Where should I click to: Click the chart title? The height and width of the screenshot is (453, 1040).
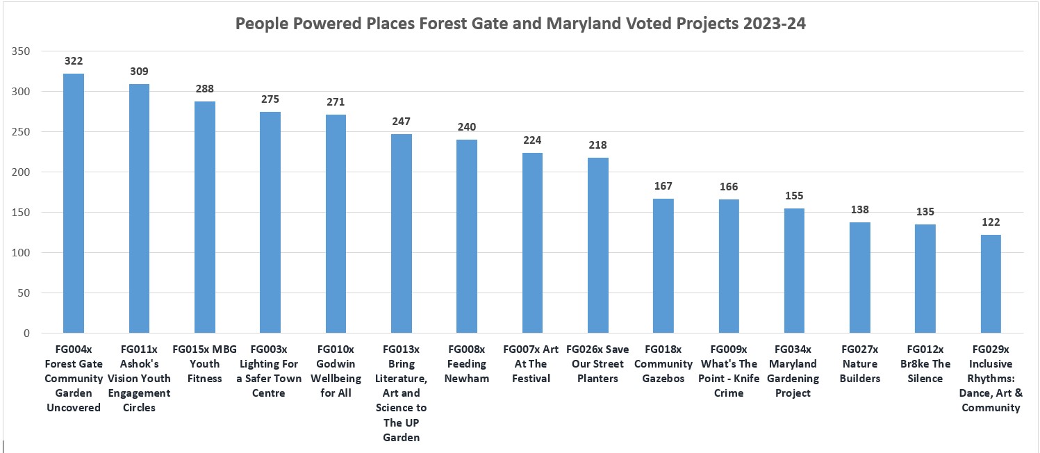click(x=520, y=23)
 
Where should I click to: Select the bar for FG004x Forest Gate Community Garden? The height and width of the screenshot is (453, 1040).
click(x=74, y=204)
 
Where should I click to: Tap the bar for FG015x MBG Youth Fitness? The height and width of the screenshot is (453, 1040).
click(x=205, y=217)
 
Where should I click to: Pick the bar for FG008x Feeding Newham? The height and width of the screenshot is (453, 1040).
click(x=467, y=236)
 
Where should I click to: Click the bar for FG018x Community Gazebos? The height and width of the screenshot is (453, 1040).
click(x=663, y=266)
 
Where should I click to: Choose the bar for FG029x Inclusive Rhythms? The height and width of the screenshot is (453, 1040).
click(x=991, y=284)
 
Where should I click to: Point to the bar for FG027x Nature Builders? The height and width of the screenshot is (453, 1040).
click(x=860, y=277)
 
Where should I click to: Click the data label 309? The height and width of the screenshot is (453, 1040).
click(x=139, y=72)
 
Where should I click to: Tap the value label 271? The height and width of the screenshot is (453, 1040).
click(x=336, y=102)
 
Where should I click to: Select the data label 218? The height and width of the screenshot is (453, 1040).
click(x=597, y=145)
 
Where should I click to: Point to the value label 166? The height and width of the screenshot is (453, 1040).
click(x=729, y=187)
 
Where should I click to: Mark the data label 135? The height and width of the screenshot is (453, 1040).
click(x=925, y=212)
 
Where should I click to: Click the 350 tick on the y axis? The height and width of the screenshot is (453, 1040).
click(x=20, y=51)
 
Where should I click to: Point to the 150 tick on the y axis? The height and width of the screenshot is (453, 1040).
click(x=20, y=212)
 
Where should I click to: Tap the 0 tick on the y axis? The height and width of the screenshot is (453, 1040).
click(x=26, y=333)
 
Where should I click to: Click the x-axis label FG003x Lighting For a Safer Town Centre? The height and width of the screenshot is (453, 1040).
click(x=269, y=371)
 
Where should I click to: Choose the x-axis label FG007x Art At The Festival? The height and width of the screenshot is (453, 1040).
click(x=531, y=364)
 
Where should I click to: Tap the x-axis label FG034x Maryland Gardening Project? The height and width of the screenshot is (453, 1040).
click(x=793, y=371)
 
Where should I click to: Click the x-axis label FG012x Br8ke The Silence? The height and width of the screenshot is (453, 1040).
click(x=925, y=364)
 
